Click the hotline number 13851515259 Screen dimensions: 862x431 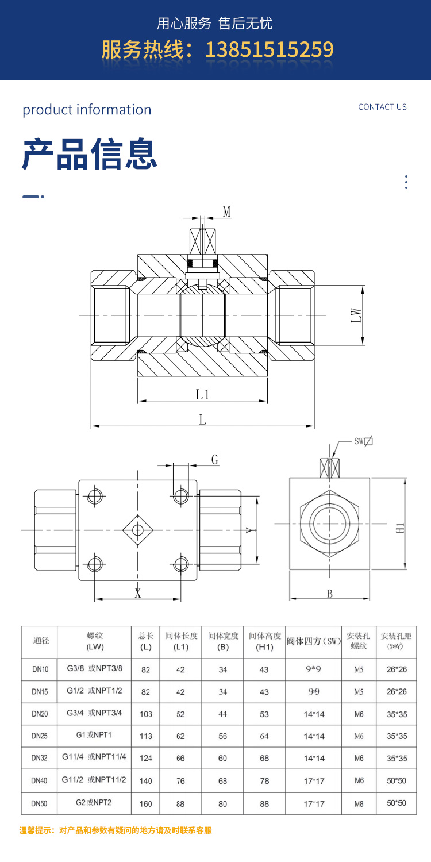tap(269, 50)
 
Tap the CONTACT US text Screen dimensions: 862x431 tap(382, 107)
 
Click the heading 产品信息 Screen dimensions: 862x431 tap(90, 154)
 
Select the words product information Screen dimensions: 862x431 tap(87, 110)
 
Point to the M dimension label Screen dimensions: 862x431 tap(227, 212)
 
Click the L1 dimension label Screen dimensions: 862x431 tap(202, 394)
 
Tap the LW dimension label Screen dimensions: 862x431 tap(357, 315)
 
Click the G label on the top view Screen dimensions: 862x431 tap(215, 460)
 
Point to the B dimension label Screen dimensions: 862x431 tap(330, 594)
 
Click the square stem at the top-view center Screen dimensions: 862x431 tap(137, 529)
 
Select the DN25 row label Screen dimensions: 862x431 tap(40, 736)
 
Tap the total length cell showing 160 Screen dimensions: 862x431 tap(146, 803)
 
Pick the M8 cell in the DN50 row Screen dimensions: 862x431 tap(359, 803)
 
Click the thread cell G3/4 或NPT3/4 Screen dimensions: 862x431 tap(94, 713)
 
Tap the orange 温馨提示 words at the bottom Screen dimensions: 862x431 tap(37, 830)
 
